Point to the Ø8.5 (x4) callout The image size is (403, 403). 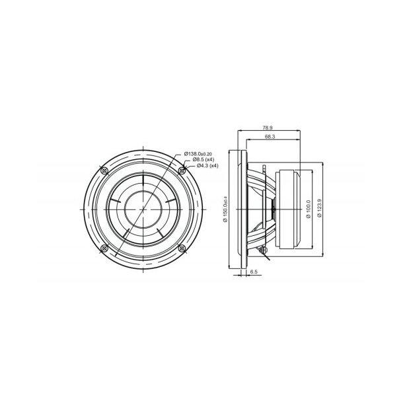click(x=203, y=160)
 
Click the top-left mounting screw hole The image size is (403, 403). click(x=104, y=170)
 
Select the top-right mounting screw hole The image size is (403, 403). click(x=182, y=170)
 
